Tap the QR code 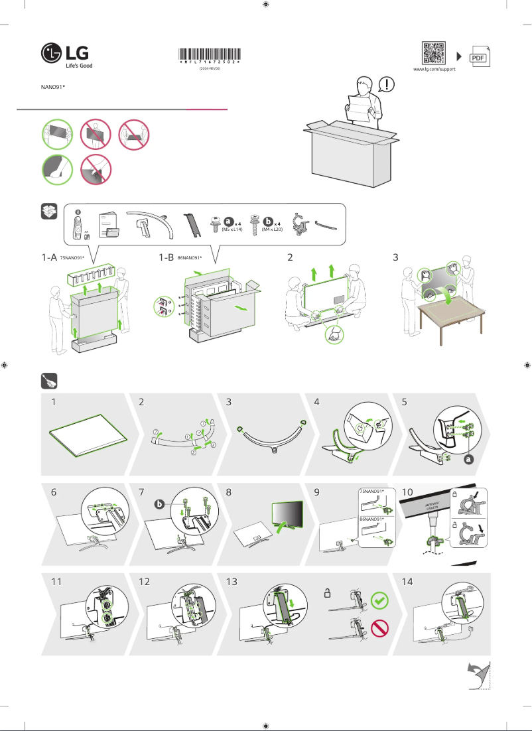coord(433,53)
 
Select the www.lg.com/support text coord(434,69)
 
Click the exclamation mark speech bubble coord(387,84)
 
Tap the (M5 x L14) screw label coord(233,229)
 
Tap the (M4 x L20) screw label coord(272,229)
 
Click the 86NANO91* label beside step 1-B coord(190,257)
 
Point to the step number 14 coord(407,581)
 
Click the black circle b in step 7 coord(159,504)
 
